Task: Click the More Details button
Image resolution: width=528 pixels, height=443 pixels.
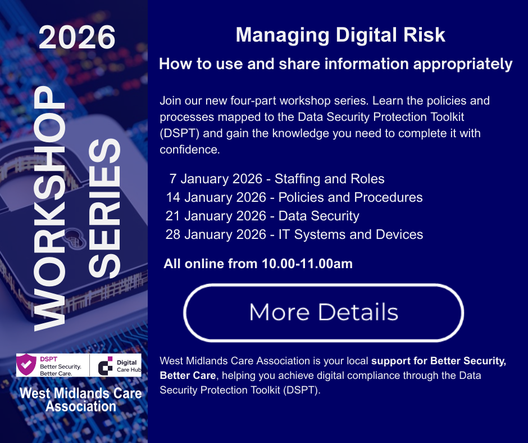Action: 324,313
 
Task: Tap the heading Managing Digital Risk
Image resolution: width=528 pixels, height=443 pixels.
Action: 340,35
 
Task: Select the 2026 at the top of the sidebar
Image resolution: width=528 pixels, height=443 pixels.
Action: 77,38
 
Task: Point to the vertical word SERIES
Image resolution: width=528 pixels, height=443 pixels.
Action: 105,208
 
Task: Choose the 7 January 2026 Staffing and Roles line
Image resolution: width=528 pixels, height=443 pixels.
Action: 277,179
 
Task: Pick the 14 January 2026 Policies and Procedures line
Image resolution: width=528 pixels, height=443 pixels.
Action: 294,197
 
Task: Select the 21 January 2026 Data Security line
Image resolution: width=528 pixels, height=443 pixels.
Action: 262,215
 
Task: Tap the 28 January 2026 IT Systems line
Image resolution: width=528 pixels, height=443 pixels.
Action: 294,234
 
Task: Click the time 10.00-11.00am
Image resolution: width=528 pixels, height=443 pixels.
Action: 307,264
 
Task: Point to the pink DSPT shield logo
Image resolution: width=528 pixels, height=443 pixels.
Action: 27,365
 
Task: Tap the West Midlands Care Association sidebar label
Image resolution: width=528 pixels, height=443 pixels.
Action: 80,399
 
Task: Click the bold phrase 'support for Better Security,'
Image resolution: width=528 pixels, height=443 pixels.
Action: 439,361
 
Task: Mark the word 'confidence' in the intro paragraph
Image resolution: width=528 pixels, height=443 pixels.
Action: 189,150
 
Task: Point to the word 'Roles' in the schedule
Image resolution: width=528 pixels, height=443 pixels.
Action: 367,179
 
